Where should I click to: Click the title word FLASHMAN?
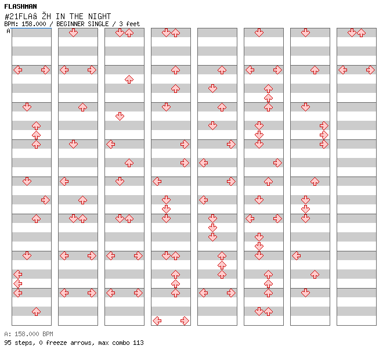[20, 6]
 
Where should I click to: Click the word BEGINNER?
[70, 24]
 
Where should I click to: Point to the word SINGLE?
[98, 24]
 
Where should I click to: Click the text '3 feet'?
[129, 24]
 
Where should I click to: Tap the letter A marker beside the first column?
[8, 31]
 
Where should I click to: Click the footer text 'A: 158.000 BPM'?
[28, 334]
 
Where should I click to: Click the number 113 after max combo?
[138, 343]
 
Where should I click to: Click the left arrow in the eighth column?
[343, 70]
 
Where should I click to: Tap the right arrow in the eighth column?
[370, 70]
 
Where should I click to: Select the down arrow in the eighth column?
[352, 33]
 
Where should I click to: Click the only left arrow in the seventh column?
[296, 255]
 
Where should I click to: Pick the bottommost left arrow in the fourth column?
[157, 321]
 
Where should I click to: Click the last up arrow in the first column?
[37, 311]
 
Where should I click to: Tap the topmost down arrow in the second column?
[73, 33]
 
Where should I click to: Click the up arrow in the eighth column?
[361, 33]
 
